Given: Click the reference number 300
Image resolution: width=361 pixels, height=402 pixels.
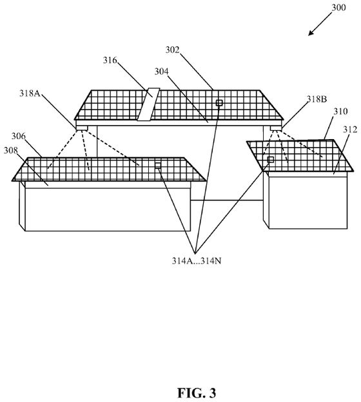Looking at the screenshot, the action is tap(338, 8).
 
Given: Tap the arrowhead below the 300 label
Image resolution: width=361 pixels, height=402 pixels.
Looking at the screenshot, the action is tap(311, 33).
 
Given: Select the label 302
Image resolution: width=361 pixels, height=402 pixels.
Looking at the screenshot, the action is tap(172, 50).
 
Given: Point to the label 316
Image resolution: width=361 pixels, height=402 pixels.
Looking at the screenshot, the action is tap(110, 61).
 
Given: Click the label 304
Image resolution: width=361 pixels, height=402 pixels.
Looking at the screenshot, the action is tap(161, 72).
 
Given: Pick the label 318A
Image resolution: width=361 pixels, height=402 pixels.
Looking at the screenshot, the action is tap(30, 93).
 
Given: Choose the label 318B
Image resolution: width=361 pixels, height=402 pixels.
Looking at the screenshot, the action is tap(317, 99).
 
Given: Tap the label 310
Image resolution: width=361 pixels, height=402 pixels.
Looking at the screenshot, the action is tap(340, 111).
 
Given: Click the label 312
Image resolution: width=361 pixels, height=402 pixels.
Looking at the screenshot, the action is tap(350, 129).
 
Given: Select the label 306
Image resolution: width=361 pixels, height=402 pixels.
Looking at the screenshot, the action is tap(19, 136).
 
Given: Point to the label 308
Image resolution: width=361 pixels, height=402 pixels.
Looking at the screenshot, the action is tap(10, 151).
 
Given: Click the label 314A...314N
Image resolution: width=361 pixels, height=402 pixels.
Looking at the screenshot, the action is tap(197, 261).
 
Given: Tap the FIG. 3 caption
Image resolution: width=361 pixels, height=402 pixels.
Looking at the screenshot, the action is tap(197, 393).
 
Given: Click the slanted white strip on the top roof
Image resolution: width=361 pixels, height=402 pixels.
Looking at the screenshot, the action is tap(148, 104).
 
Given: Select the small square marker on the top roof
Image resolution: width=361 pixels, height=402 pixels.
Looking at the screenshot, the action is tap(219, 103).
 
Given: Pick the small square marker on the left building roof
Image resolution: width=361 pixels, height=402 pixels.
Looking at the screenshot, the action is tap(158, 166).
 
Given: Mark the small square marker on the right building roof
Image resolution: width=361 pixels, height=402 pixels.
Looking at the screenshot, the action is tap(271, 160).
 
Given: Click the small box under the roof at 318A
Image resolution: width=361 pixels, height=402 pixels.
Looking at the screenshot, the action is tap(82, 128).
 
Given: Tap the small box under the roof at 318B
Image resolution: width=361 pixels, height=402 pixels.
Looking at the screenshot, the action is tap(276, 128).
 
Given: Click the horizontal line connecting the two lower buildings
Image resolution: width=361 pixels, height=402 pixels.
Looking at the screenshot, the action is tap(227, 200).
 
